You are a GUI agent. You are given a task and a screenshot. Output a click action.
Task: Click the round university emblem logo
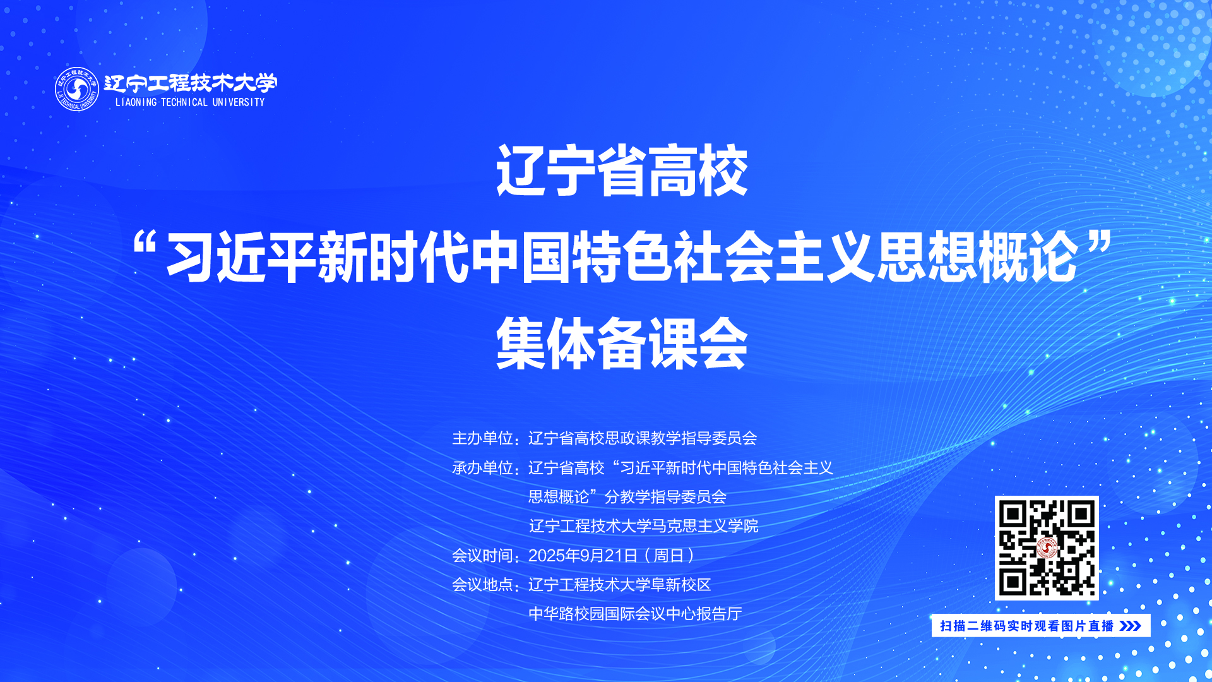[77, 89]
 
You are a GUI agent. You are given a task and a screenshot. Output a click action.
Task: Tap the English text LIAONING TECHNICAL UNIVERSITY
[190, 102]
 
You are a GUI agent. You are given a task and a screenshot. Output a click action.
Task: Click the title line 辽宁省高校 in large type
[622, 170]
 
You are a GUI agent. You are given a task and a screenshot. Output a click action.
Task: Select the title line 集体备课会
[622, 343]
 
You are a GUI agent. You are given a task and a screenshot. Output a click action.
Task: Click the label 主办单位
[482, 438]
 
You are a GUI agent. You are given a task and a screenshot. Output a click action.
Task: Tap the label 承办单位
[482, 468]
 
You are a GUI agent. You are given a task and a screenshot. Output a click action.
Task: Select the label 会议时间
[482, 556]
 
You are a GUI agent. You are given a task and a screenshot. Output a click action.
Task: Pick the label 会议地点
[482, 585]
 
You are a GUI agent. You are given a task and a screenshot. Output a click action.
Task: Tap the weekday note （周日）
[669, 556]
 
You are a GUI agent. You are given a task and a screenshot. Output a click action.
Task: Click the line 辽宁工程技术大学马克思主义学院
[643, 526]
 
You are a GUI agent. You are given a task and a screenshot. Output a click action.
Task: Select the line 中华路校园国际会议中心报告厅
[635, 614]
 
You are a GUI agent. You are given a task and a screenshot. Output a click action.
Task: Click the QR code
[1047, 548]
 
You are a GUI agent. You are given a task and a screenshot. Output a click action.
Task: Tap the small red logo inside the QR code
[1047, 548]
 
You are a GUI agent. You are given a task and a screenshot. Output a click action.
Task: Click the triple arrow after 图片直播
[1130, 626]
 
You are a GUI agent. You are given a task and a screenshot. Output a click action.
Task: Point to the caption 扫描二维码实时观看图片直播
[1027, 626]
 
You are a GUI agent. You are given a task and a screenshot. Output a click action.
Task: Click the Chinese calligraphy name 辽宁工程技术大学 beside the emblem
[190, 83]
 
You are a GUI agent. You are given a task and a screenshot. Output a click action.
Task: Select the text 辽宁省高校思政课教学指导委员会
[643, 438]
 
